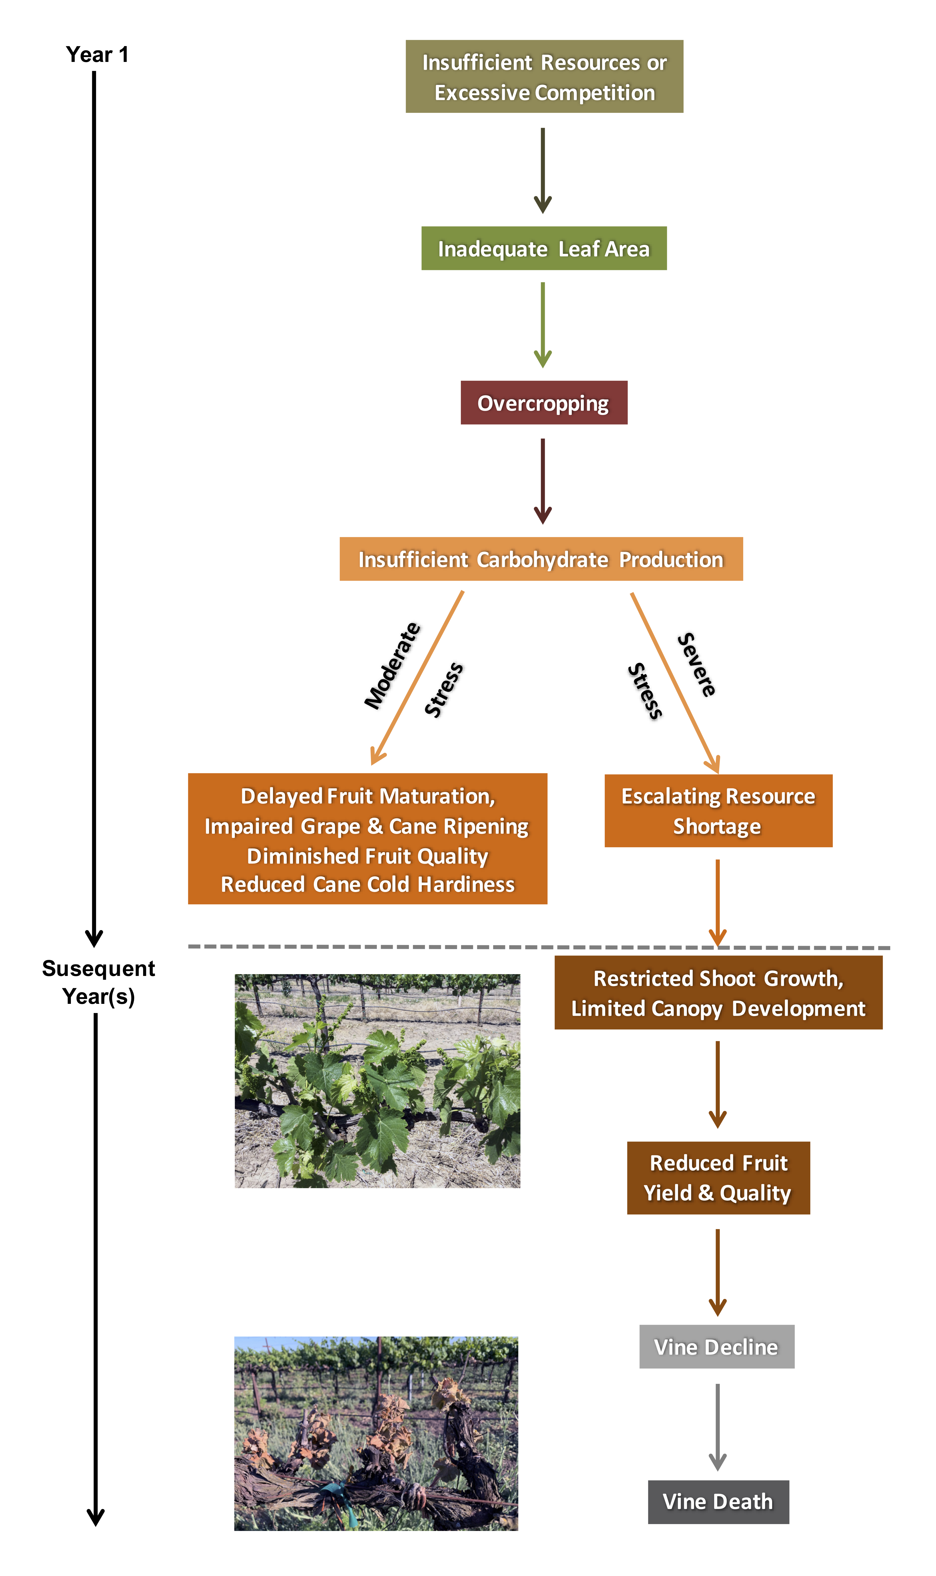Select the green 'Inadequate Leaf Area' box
pyautogui.click(x=544, y=248)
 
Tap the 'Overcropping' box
pyautogui.click(x=544, y=403)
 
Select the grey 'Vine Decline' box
pyautogui.click(x=717, y=1347)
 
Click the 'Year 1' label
pyautogui.click(x=97, y=55)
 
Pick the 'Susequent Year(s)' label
pyautogui.click(x=98, y=982)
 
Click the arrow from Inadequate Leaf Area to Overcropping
pyautogui.click(x=543, y=325)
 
